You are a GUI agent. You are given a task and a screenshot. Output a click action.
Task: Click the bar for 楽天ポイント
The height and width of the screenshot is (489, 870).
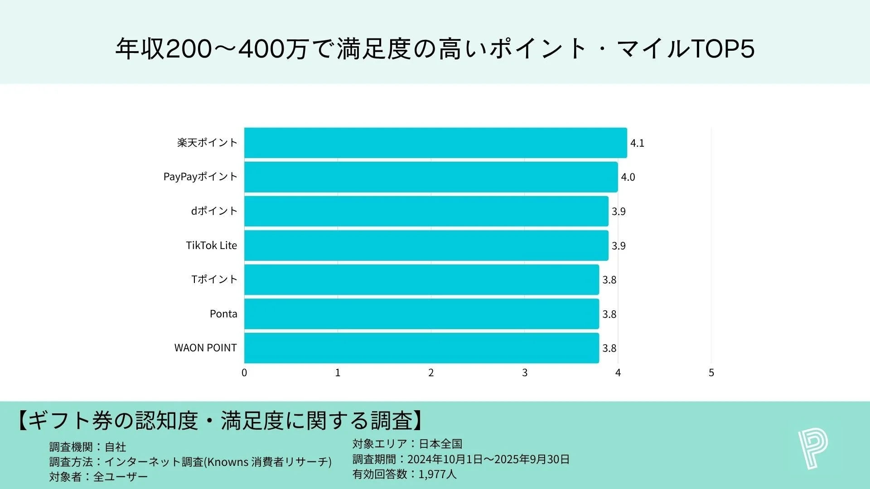coord(435,143)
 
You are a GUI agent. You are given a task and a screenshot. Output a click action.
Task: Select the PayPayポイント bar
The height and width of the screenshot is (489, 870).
coord(430,177)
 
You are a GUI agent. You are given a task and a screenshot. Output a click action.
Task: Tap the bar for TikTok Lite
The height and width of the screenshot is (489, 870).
coord(426,245)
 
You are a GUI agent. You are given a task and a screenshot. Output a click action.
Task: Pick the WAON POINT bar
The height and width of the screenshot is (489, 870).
coord(421,348)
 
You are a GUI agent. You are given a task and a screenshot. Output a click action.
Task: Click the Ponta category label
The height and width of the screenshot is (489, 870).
coord(223,314)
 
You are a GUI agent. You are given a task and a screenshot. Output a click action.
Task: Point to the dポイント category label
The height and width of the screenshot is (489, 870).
coord(214,211)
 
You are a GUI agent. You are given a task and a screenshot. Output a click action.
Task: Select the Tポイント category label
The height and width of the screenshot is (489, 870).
coord(214,279)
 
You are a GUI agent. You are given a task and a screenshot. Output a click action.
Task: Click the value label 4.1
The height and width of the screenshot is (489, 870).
coord(637,143)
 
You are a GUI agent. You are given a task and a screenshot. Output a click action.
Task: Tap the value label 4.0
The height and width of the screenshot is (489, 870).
coord(628,177)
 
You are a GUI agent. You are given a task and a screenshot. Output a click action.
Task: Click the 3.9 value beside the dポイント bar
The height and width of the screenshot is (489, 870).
coord(619,211)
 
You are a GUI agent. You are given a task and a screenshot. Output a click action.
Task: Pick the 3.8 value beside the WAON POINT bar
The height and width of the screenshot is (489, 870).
coord(609,348)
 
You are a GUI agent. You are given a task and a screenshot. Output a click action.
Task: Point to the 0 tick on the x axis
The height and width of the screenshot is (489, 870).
coord(244,373)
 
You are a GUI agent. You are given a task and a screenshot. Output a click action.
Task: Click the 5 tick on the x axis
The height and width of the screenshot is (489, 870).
coord(711,373)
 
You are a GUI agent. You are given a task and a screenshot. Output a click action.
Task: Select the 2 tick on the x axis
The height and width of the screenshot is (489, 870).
coord(431,373)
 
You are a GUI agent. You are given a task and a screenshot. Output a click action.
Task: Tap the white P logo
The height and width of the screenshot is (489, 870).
coord(813,449)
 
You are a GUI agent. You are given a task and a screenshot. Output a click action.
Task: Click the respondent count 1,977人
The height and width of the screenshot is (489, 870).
coord(437,474)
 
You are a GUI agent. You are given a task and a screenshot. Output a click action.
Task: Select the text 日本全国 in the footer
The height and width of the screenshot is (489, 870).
coord(440,444)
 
